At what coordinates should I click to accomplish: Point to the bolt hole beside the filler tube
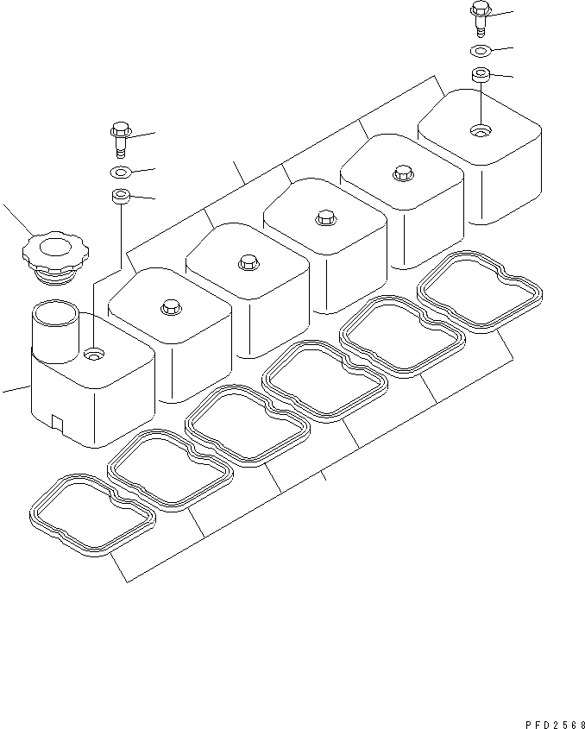(93, 353)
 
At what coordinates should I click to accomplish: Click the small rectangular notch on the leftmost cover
(56, 422)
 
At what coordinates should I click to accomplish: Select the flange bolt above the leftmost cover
(120, 135)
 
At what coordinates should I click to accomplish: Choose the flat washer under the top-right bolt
(481, 50)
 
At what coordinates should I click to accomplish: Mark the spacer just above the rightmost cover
(481, 75)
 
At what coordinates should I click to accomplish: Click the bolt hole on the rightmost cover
(480, 131)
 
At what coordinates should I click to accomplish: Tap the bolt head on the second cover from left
(170, 306)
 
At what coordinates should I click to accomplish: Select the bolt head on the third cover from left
(248, 261)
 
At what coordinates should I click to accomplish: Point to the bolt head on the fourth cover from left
(324, 217)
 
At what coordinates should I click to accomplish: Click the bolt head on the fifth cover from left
(401, 172)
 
